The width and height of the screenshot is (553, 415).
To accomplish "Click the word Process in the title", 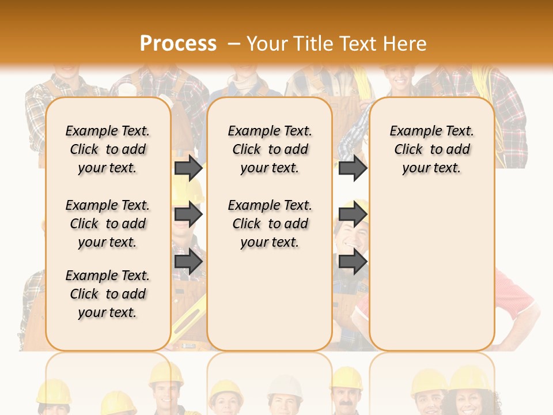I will coord(178,44).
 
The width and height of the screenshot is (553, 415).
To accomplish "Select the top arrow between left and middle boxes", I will coord(188,168).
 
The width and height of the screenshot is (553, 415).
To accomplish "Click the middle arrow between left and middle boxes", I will coord(188,214).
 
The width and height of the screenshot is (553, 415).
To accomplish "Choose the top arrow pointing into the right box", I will coord(352,168).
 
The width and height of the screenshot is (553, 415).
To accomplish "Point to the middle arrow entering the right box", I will coord(352,214).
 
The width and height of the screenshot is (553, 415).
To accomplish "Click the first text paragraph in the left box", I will coord(108,149).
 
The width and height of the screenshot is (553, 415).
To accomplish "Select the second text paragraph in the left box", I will coord(108,224).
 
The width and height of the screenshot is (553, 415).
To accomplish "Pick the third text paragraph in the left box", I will coord(108,294).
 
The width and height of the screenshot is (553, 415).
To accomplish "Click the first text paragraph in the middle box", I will coord(270,149).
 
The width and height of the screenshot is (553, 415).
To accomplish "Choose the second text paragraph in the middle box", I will coord(270,224).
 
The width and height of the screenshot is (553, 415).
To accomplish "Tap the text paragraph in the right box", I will coord(431,149).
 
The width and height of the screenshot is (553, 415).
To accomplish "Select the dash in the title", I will coord(233,44).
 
